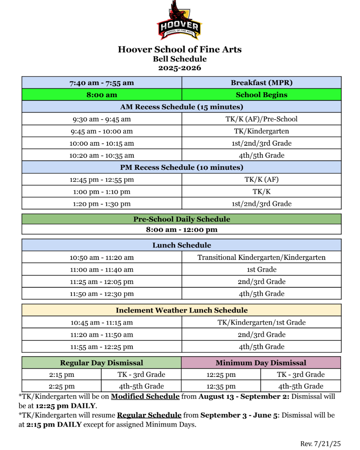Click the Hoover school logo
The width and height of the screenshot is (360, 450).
click(x=179, y=21)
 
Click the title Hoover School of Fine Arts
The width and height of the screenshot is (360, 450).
click(x=179, y=49)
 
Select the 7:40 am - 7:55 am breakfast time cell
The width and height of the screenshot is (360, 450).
click(x=102, y=83)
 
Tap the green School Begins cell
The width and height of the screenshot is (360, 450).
click(x=261, y=95)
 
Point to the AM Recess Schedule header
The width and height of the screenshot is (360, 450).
click(x=181, y=107)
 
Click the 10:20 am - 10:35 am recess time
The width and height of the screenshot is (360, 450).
click(x=102, y=156)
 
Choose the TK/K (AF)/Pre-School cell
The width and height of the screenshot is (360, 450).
click(x=261, y=119)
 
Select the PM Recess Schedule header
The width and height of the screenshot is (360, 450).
click(x=181, y=167)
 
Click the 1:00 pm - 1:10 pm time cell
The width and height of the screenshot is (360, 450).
click(x=102, y=192)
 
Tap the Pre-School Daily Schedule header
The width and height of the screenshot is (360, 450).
click(x=181, y=219)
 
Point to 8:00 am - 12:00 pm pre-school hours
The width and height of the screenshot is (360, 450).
click(x=181, y=230)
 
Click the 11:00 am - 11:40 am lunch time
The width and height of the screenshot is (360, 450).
click(x=102, y=269)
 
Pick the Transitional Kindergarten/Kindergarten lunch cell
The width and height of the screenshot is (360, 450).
click(x=261, y=257)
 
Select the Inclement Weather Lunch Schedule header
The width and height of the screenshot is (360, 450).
click(x=181, y=310)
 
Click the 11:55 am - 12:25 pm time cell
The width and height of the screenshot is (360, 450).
click(x=102, y=347)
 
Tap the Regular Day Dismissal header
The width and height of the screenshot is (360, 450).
click(x=101, y=363)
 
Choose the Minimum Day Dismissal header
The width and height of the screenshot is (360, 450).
click(x=261, y=363)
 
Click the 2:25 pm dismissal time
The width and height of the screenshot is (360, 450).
click(x=61, y=386)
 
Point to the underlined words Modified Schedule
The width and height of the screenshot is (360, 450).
click(x=145, y=396)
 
